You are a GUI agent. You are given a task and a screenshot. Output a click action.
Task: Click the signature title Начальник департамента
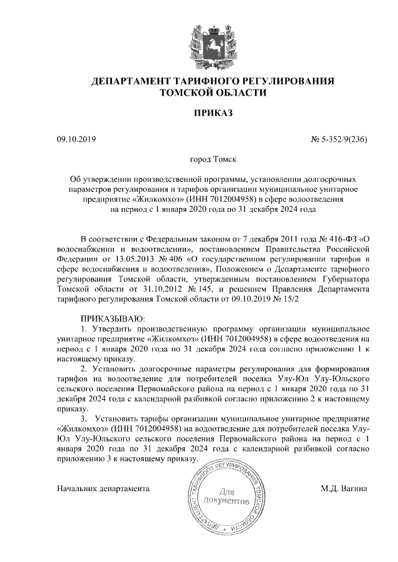point(103,489)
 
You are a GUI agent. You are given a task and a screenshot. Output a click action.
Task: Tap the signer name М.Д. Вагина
point(344,489)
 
